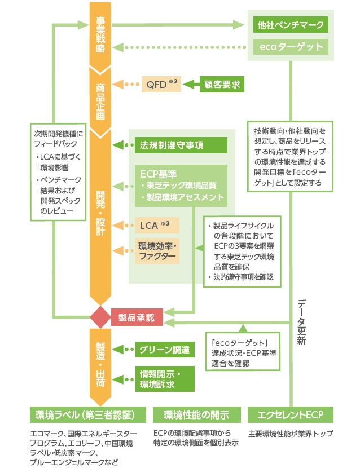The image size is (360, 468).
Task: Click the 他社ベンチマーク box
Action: click(291, 26)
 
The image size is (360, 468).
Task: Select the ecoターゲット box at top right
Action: click(291, 47)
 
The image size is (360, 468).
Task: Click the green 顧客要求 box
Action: click(222, 85)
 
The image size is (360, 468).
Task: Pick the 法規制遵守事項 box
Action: click(180, 145)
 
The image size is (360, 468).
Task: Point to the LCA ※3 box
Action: click(157, 226)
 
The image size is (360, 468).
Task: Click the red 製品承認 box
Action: click(137, 317)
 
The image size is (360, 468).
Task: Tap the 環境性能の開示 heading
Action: click(196, 416)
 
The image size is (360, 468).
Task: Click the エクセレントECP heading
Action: click(290, 416)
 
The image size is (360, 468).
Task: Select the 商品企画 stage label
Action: click(100, 101)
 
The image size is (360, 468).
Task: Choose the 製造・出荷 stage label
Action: click(100, 361)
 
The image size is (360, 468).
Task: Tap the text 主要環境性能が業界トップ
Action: click(291, 434)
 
